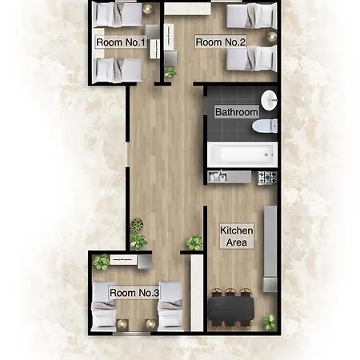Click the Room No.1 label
click(121, 42)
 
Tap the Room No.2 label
click(221, 42)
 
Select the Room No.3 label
click(134, 293)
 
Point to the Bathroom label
click(237, 112)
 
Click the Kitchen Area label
click(237, 236)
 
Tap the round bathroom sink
click(269, 100)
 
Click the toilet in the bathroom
click(265, 126)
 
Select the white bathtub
click(242, 154)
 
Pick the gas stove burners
click(267, 178)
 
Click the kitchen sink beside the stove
click(218, 177)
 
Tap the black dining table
click(231, 309)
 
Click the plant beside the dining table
click(270, 322)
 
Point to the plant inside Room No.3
click(101, 262)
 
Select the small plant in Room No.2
click(170, 72)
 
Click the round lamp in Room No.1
click(147, 8)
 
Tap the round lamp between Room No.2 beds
click(272, 36)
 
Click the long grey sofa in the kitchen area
click(270, 249)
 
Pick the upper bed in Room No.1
click(118, 14)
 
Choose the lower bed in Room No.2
click(252, 58)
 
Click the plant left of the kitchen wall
click(194, 242)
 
